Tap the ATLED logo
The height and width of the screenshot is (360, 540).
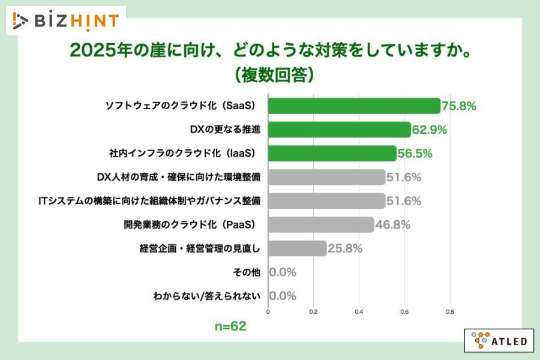click(x=499, y=340)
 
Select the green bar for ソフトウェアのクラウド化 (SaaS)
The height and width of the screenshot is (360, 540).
click(x=354, y=106)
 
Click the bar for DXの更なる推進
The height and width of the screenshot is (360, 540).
click(x=339, y=130)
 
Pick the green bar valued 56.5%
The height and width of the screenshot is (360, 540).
click(x=332, y=153)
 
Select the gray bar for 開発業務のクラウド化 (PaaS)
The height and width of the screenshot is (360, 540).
click(x=320, y=224)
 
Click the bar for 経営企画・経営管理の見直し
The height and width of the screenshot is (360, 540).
click(x=297, y=248)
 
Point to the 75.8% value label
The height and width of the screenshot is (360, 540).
click(x=459, y=106)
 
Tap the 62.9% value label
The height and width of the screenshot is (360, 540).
click(x=430, y=130)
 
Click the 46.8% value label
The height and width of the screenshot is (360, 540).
click(x=392, y=224)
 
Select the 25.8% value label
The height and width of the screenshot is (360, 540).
click(x=345, y=248)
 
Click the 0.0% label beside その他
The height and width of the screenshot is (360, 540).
click(x=283, y=272)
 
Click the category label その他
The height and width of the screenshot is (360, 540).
click(x=246, y=272)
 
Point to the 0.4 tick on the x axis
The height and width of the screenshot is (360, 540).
click(x=359, y=312)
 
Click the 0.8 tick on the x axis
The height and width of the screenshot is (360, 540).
click(x=450, y=312)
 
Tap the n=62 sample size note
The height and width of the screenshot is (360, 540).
click(x=230, y=327)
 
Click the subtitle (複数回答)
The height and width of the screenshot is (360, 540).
click(x=270, y=74)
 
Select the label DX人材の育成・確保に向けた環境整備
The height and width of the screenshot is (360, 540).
click(x=178, y=177)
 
